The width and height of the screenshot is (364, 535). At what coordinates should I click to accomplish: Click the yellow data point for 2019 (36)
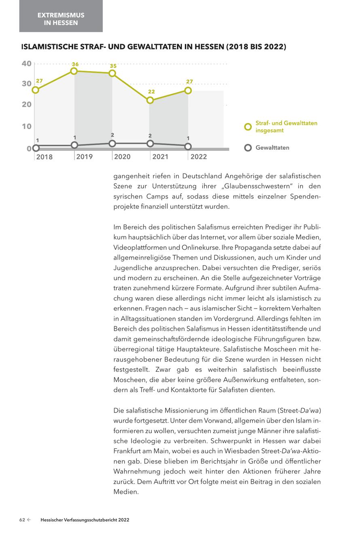coord(74,71)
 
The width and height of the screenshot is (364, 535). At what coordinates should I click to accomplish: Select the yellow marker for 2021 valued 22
coord(150,100)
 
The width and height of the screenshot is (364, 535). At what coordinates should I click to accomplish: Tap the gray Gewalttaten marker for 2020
coord(112,143)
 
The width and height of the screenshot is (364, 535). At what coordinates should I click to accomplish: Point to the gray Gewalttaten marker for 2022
coord(188,146)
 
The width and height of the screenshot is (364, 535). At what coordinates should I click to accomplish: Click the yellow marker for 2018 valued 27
coord(36,90)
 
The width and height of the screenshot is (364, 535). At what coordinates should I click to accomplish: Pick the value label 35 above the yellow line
coord(113,66)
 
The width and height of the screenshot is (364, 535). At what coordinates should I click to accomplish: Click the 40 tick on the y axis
coord(26,63)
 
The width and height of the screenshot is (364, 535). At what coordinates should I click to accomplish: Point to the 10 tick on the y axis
coord(26,126)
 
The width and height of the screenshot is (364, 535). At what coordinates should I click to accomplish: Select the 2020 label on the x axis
coord(122,156)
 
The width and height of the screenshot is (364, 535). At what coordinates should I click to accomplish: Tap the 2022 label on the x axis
coord(198,156)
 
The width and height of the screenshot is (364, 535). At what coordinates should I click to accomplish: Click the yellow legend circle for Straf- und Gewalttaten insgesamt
coord(248,127)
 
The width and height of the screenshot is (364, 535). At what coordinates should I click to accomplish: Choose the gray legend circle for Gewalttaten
coord(248,148)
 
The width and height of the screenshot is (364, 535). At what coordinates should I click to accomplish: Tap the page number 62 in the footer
coord(23,520)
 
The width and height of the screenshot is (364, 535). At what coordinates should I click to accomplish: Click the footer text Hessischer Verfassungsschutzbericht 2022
coord(85,520)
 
